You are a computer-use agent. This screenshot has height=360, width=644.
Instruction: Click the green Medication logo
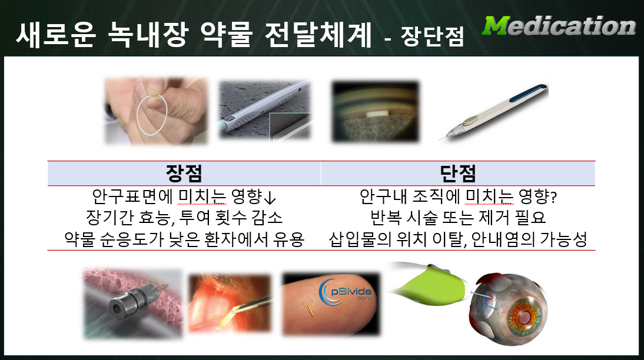tap(559, 26)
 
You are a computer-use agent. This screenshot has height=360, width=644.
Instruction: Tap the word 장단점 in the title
tap(433, 36)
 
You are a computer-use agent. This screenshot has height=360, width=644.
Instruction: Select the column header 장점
tap(184, 173)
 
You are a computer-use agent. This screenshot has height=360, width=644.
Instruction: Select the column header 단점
tap(457, 173)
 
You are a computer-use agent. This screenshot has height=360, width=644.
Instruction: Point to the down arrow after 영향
tap(270, 198)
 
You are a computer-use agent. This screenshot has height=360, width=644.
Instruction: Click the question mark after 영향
tap(554, 198)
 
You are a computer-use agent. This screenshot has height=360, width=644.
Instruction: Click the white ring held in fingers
tap(151, 114)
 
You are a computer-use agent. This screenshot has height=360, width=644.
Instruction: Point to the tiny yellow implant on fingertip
tap(310, 310)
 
